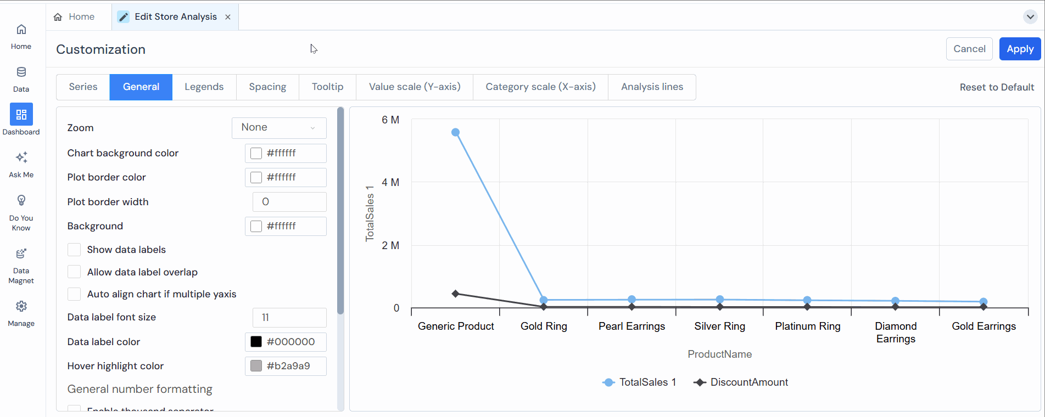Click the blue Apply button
[x=1020, y=49]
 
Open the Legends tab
[x=204, y=87]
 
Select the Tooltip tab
[x=327, y=87]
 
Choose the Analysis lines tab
[x=652, y=87]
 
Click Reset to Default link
[x=996, y=87]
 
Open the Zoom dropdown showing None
[x=279, y=128]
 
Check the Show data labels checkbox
[x=74, y=250]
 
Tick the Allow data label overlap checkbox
[x=74, y=272]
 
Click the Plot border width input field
[x=289, y=202]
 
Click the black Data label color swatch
[x=256, y=342]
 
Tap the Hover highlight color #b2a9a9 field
[x=286, y=366]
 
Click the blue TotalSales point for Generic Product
[x=455, y=132]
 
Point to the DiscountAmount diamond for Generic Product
[x=455, y=294]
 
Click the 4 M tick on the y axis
[x=390, y=182]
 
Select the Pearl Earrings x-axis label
[x=632, y=326]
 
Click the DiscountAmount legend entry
[x=741, y=382]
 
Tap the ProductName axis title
[x=719, y=354]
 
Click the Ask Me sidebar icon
[x=21, y=158]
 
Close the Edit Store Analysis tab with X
[x=228, y=17]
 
